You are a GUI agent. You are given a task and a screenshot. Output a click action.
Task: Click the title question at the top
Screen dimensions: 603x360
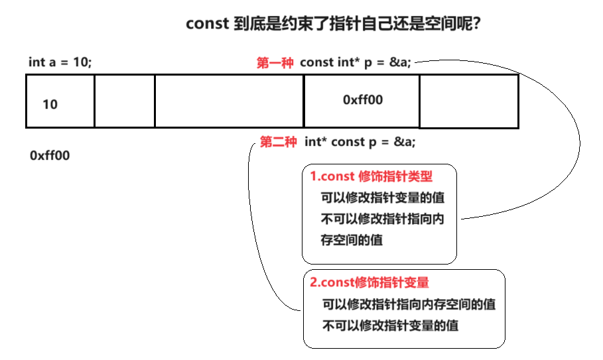click(333, 25)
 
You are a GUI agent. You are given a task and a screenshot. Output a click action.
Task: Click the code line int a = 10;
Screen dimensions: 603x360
click(60, 62)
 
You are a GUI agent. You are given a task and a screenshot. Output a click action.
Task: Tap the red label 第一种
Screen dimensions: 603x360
click(275, 63)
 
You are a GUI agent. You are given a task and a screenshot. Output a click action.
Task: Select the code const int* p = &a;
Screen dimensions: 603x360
click(356, 62)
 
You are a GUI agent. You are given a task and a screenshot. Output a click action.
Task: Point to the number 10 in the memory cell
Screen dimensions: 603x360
click(50, 104)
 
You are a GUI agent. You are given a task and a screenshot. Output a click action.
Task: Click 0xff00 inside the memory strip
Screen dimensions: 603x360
click(363, 99)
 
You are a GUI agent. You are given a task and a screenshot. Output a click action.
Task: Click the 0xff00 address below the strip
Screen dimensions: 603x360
click(50, 155)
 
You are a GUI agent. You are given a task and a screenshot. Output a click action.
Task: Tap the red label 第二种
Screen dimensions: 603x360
click(278, 142)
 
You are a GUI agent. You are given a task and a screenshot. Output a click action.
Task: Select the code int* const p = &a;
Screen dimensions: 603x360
click(360, 142)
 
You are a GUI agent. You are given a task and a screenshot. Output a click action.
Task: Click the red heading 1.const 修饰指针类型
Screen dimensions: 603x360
click(371, 177)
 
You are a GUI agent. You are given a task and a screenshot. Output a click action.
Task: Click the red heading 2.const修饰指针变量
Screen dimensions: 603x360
click(369, 282)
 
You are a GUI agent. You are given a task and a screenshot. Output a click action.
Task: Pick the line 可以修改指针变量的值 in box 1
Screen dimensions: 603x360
click(382, 198)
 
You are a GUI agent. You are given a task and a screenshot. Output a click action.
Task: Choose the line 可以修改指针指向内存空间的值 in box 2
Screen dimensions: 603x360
click(409, 304)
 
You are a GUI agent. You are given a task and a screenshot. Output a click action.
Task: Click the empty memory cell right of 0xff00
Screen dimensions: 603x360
click(468, 101)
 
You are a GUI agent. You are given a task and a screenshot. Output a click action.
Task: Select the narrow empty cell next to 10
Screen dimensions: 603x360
click(125, 101)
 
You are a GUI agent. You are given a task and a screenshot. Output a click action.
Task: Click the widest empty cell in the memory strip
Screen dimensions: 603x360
click(229, 101)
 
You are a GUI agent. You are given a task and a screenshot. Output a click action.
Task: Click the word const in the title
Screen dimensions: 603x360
click(206, 25)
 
